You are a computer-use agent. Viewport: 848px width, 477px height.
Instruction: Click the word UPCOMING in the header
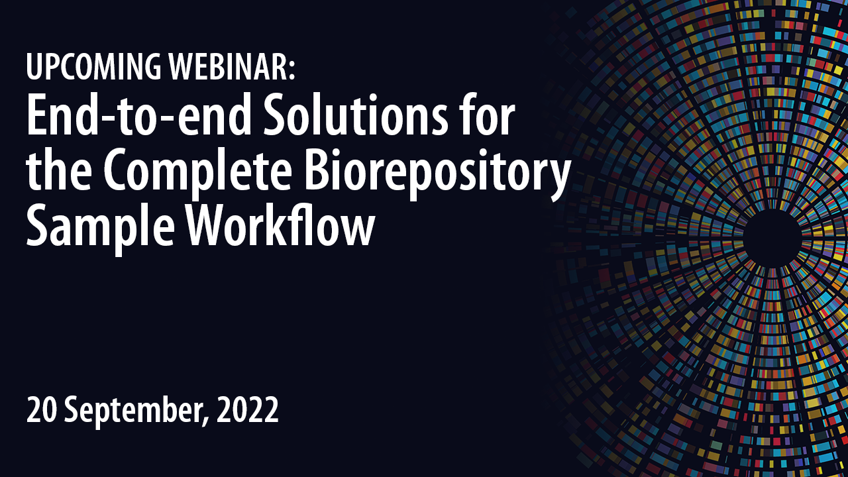[x=93, y=67]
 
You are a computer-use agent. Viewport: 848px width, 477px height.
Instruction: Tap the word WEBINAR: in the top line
[x=232, y=67]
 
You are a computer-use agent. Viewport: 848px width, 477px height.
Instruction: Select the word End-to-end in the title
[x=139, y=115]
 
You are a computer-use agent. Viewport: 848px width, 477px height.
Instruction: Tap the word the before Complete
[x=59, y=170]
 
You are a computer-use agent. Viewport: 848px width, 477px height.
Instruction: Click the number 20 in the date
[x=42, y=410]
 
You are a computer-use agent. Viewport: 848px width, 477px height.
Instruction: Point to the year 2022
[x=248, y=410]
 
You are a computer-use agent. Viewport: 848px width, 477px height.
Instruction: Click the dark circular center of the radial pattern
[x=772, y=238]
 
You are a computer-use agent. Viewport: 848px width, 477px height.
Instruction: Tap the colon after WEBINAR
[x=292, y=71]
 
